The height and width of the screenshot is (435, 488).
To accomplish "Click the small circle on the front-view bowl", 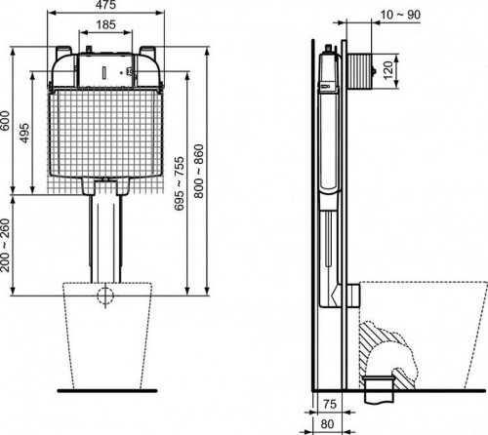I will point(105,296).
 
